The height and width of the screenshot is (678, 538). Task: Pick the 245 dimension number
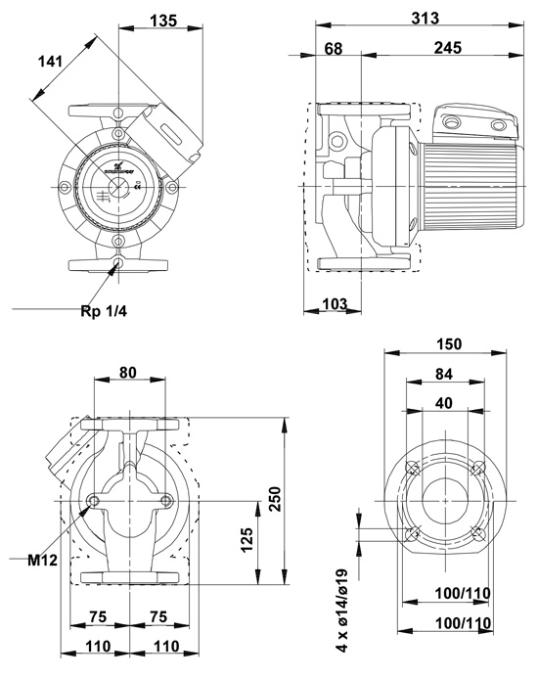(448, 48)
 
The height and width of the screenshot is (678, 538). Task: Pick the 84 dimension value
(443, 373)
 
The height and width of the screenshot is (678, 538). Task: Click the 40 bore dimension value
(443, 401)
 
